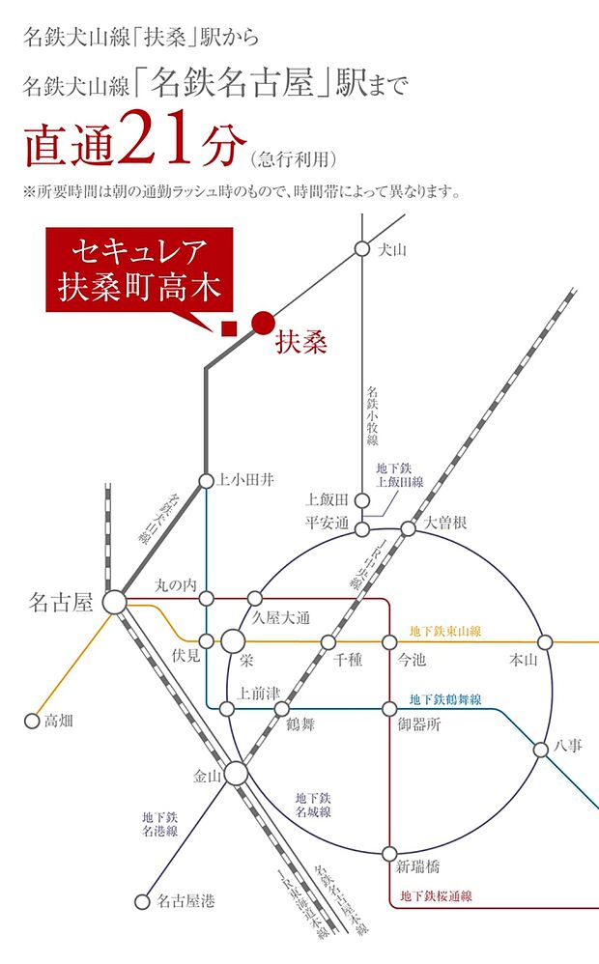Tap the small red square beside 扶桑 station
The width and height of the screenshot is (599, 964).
pos(229,328)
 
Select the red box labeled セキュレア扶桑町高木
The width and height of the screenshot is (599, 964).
pos(139,271)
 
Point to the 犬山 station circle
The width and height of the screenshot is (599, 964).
pos(361,249)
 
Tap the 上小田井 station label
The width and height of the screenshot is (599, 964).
pos(248,480)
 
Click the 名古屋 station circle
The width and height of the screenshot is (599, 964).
pos(115,602)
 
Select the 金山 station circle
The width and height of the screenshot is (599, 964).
pos(236,774)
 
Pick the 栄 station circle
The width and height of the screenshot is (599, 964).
pos(234,640)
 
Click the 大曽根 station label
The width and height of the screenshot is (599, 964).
pos(445,522)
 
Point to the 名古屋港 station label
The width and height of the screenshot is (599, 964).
pos(185,901)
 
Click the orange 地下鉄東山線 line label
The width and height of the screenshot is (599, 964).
pos(445,632)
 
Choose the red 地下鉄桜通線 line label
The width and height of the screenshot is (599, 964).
pos(436,895)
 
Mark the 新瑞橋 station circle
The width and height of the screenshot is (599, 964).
pos(389,853)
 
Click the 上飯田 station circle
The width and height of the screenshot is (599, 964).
pos(361,500)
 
